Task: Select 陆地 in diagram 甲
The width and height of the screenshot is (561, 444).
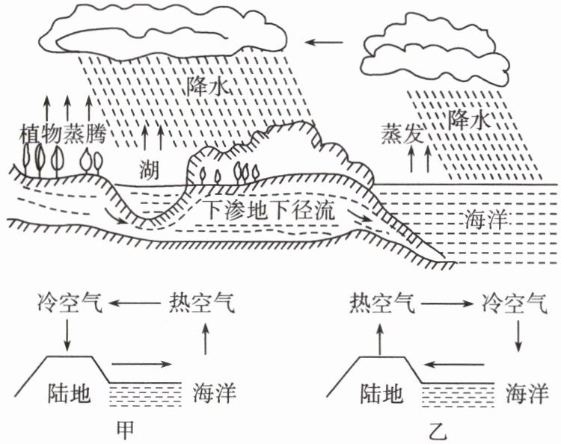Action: click(x=73, y=393)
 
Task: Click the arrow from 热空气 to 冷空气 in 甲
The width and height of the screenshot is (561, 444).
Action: click(x=135, y=304)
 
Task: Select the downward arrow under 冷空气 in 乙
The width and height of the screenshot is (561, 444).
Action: click(x=518, y=337)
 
